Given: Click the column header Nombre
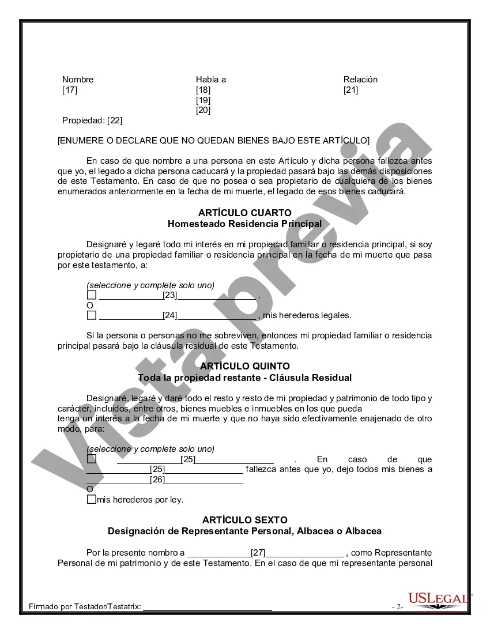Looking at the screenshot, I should (x=78, y=80).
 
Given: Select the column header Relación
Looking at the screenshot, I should (x=360, y=80).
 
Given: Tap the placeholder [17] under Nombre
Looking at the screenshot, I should (x=70, y=90).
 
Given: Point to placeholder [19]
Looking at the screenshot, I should (x=203, y=100).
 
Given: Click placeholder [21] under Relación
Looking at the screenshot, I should (x=350, y=90).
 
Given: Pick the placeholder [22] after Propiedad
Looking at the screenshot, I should (x=115, y=120).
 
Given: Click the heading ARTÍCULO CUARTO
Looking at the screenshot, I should (x=244, y=213).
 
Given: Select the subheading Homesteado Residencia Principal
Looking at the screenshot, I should (x=244, y=224).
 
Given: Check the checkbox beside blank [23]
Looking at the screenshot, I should (x=91, y=295).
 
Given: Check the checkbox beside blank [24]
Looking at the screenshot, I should (x=91, y=315).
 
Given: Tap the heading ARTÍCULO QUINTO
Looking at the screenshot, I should (x=244, y=367).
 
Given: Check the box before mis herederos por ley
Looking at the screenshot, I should (x=91, y=500).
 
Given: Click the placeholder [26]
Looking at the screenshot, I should (x=157, y=480).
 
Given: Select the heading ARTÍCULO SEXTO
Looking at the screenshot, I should (x=244, y=520).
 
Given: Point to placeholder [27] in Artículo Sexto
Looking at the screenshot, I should (x=258, y=553).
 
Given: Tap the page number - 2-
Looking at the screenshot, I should (x=397, y=607).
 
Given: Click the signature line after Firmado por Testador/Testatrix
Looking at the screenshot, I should (x=208, y=606).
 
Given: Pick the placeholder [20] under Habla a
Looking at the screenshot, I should (x=203, y=111).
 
